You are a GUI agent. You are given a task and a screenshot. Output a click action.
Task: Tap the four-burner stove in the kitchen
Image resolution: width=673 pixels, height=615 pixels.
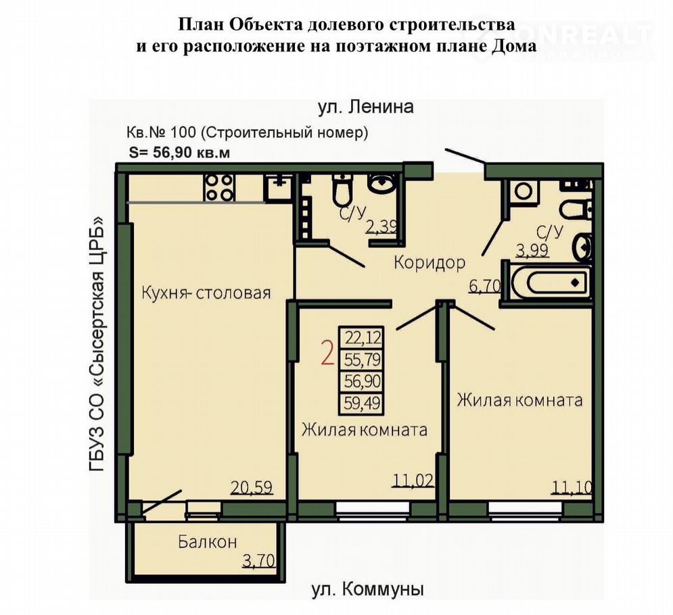click(219, 187)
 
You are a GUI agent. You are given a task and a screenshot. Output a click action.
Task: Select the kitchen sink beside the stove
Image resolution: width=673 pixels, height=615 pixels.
click(279, 187)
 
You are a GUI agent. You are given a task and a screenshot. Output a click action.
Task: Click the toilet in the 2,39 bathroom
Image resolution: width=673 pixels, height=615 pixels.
click(342, 189)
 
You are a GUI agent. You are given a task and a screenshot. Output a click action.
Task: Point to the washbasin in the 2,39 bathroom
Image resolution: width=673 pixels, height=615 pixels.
click(383, 184)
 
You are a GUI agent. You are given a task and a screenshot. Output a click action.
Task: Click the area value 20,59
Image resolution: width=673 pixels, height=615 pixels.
click(252, 488)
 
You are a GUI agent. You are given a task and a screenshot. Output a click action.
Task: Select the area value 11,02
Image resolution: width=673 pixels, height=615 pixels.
click(413, 481)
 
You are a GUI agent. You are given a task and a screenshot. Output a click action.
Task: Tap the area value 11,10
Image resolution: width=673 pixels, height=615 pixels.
click(572, 487)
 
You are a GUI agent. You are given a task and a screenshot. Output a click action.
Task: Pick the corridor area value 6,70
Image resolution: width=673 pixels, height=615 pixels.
click(484, 286)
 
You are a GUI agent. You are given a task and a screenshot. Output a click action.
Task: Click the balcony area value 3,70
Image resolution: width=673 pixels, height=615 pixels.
click(259, 560)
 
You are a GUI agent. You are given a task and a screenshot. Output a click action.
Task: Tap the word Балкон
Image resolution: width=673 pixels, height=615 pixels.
click(207, 542)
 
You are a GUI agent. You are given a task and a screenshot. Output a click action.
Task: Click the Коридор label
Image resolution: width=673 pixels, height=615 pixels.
click(430, 262)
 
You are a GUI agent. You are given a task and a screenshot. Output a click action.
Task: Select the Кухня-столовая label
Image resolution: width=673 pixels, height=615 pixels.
click(206, 293)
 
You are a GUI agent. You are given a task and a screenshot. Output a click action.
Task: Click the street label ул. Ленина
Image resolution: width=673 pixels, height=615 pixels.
click(366, 107)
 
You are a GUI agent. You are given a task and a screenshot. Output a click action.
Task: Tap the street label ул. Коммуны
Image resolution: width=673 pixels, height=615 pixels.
click(367, 590)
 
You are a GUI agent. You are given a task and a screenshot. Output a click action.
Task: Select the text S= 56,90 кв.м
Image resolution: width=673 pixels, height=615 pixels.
click(179, 153)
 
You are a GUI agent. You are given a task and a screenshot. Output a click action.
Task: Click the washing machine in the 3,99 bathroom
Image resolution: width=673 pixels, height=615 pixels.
click(523, 191)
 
